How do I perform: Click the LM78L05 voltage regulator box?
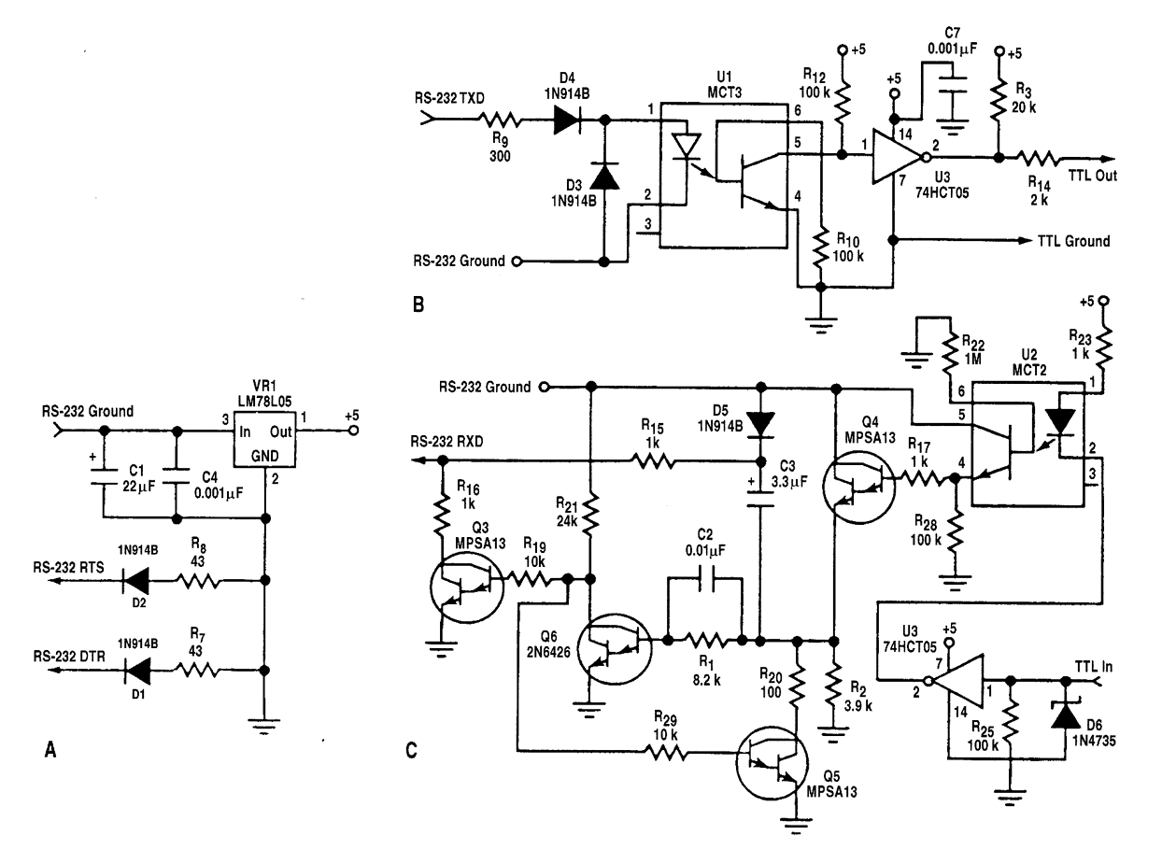click(x=264, y=439)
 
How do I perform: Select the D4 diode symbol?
click(x=566, y=120)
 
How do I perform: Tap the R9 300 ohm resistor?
click(x=500, y=120)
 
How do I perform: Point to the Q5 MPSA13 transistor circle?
click(x=772, y=763)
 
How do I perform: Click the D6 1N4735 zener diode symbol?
click(x=1065, y=715)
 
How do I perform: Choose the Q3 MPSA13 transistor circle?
click(x=467, y=587)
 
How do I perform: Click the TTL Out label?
click(x=1092, y=176)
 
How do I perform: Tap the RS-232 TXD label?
click(x=449, y=98)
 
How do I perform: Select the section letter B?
click(x=418, y=304)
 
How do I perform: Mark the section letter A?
click(x=50, y=750)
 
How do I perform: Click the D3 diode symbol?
click(x=604, y=177)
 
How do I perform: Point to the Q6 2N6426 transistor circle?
click(x=615, y=650)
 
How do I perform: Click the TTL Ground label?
click(x=1073, y=241)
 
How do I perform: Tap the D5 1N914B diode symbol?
click(x=760, y=424)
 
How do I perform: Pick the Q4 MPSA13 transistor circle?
click(x=858, y=487)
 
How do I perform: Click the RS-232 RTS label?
click(x=68, y=568)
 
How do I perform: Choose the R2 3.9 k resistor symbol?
click(x=834, y=684)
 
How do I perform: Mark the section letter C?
click(x=411, y=750)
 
